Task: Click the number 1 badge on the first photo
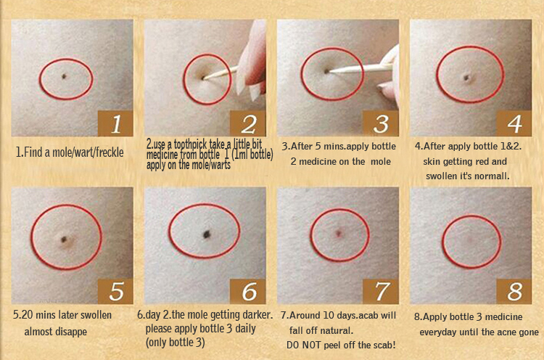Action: click(115, 123)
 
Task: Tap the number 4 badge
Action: click(514, 123)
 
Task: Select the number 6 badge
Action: click(248, 291)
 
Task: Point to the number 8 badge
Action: click(514, 291)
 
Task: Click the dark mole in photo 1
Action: click(64, 76)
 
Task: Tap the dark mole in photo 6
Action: click(207, 234)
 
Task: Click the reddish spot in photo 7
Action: click(338, 234)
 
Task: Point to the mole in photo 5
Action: click(64, 240)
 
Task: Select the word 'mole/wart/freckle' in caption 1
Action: click(88, 152)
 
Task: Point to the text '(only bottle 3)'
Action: click(176, 343)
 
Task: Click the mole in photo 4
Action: click(467, 78)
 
